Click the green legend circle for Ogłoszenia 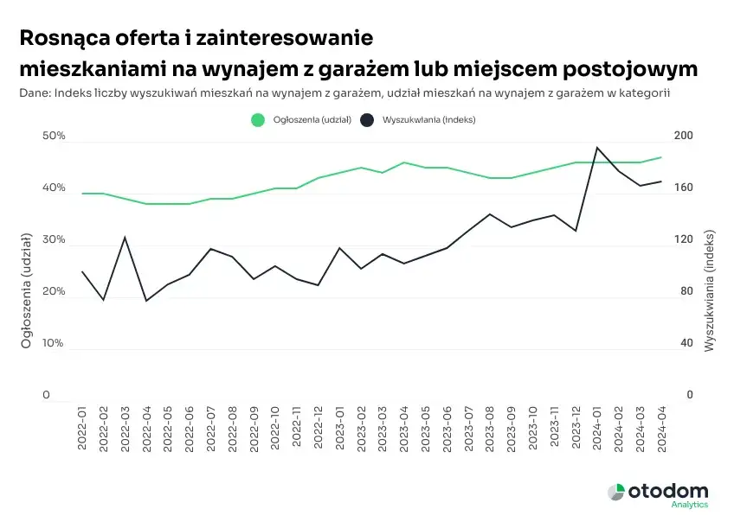[x=257, y=120]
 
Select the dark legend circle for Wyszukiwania [x=367, y=120]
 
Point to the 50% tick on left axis [x=54, y=137]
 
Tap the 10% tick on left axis [x=54, y=343]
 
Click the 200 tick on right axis [x=684, y=137]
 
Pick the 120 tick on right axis [x=684, y=239]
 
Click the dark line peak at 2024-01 [x=597, y=148]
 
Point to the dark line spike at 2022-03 [x=126, y=237]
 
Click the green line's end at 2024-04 [x=661, y=157]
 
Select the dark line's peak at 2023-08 [x=490, y=213]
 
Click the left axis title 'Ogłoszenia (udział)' [x=26, y=291]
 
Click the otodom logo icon [x=615, y=492]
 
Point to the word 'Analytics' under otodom [x=689, y=505]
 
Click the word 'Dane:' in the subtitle [x=34, y=92]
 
